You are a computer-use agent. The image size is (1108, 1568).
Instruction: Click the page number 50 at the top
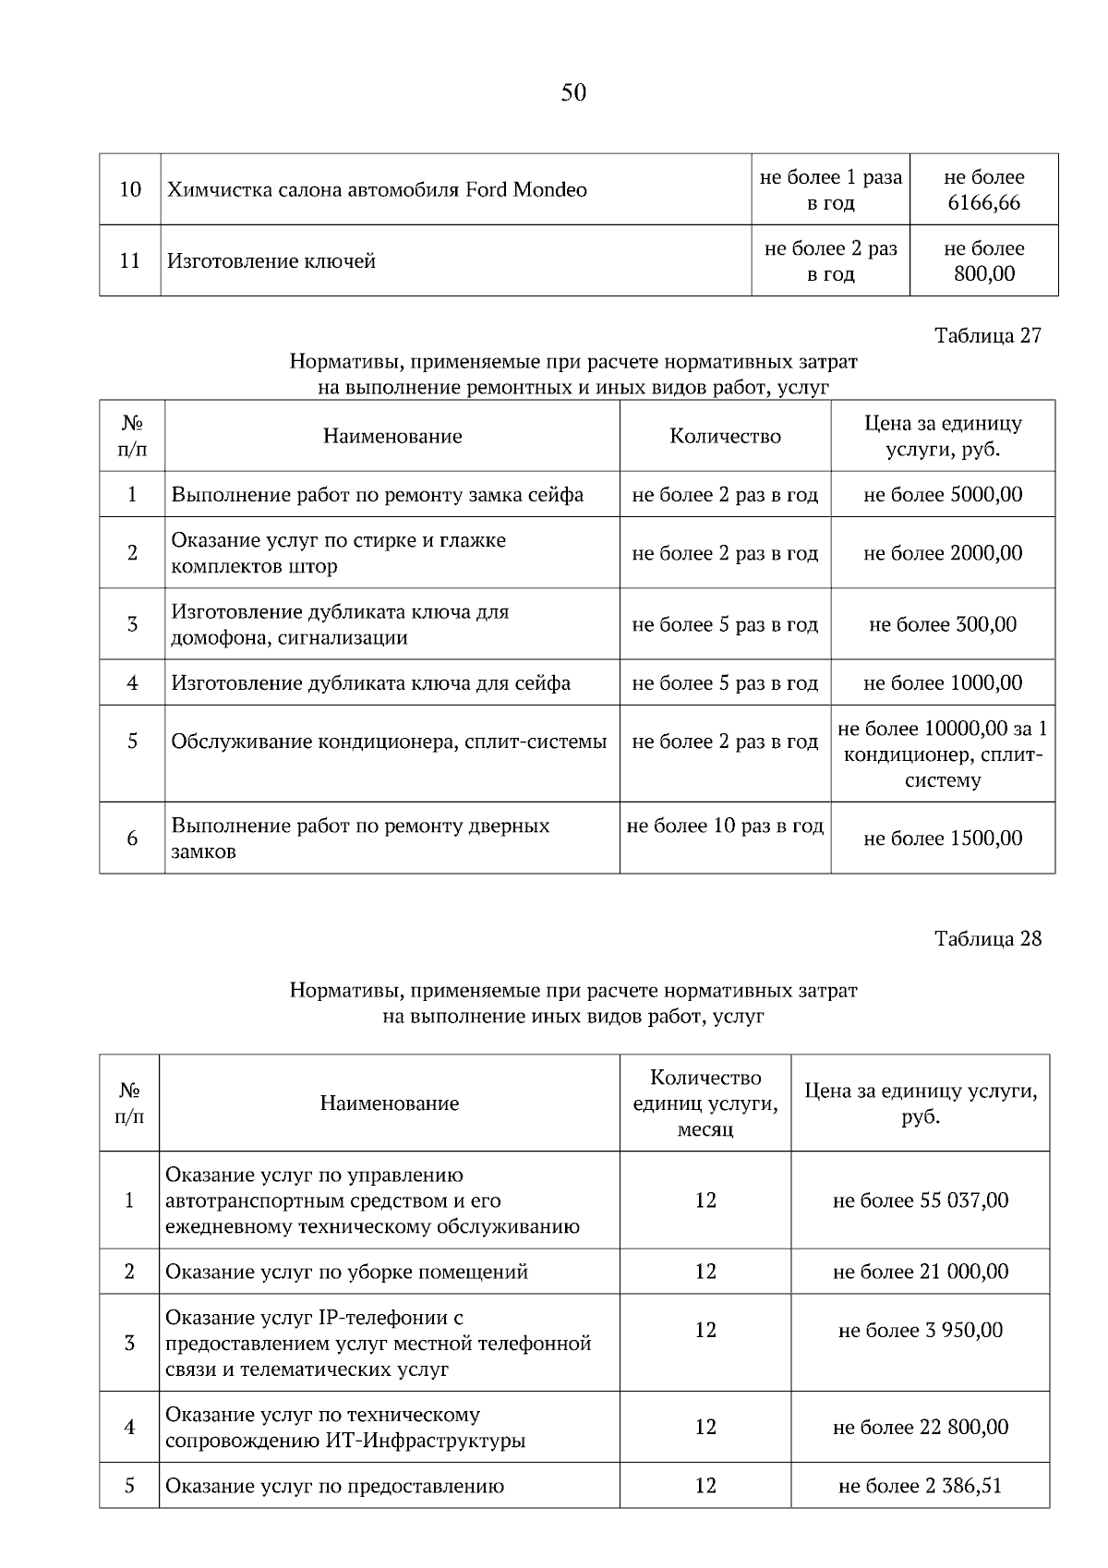pyautogui.click(x=572, y=92)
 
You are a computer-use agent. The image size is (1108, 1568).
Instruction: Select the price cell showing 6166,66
pyautogui.click(x=983, y=190)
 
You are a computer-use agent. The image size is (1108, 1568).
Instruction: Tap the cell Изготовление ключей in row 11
pyautogui.click(x=271, y=261)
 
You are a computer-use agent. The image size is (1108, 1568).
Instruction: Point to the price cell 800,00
pyautogui.click(x=983, y=261)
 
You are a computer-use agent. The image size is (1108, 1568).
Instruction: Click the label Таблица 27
pyautogui.click(x=987, y=335)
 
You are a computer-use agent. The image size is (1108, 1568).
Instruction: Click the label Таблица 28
pyautogui.click(x=987, y=938)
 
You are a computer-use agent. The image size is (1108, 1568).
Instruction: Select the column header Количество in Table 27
pyautogui.click(x=725, y=437)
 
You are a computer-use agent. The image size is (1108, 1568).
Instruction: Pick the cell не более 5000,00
pyautogui.click(x=943, y=495)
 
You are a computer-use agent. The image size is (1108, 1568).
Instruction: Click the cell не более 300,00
pyautogui.click(x=943, y=625)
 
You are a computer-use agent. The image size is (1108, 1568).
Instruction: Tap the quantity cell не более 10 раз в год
pyautogui.click(x=725, y=826)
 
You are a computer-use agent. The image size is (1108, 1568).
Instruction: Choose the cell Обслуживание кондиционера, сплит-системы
pyautogui.click(x=389, y=742)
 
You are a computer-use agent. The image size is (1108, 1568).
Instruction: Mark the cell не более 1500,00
pyautogui.click(x=943, y=838)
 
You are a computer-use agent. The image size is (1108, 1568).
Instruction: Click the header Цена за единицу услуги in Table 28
pyautogui.click(x=921, y=1104)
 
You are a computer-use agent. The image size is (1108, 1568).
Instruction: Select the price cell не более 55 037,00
pyautogui.click(x=921, y=1200)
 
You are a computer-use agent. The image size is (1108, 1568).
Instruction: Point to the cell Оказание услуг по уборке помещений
pyautogui.click(x=346, y=1272)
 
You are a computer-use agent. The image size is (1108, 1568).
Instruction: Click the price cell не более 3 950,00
pyautogui.click(x=921, y=1331)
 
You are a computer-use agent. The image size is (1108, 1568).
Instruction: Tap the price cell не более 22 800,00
pyautogui.click(x=921, y=1428)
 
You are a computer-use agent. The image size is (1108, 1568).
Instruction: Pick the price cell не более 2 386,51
pyautogui.click(x=921, y=1487)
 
